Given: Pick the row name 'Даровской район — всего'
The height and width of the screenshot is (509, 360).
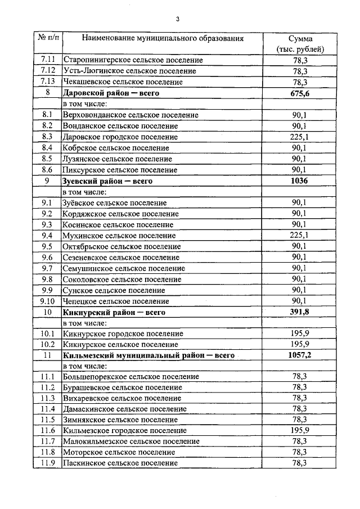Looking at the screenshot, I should point(112,93).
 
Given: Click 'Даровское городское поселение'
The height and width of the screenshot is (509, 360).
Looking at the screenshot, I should point(121,137).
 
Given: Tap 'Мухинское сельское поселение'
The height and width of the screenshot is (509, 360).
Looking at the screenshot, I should point(120,235).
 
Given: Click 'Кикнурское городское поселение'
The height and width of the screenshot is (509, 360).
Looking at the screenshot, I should point(125,334).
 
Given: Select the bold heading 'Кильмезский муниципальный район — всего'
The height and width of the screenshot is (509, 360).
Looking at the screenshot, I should point(149,355).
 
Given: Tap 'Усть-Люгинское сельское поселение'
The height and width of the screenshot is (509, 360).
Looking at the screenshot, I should point(130,71).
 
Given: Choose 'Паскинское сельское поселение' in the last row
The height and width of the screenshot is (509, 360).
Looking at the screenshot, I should point(121,463).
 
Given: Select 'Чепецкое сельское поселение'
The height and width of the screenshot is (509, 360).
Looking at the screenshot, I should point(117,301).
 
